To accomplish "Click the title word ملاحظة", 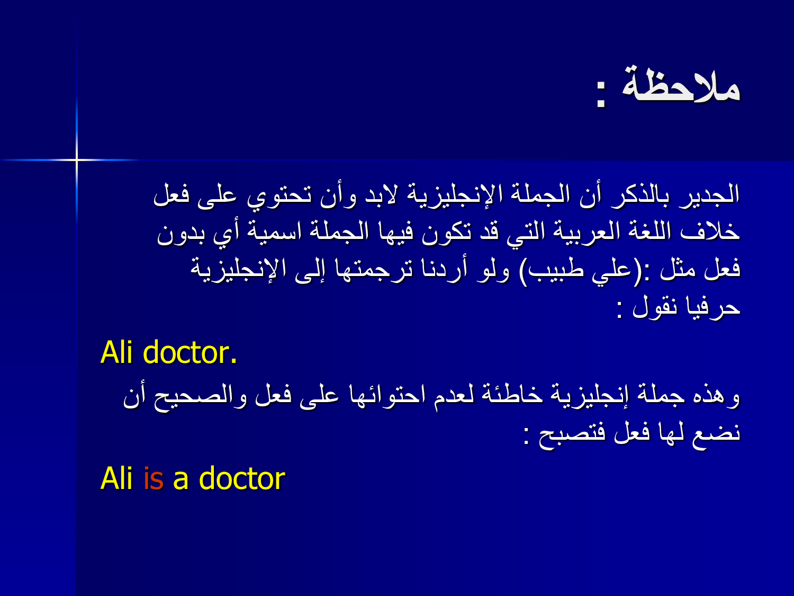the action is [x=681, y=85].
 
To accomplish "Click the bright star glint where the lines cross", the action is [x=77, y=159].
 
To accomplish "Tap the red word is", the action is [x=154, y=478].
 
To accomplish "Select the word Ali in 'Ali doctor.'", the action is [x=116, y=352].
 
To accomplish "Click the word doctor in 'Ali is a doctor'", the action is [x=242, y=478].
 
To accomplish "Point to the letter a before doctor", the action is [x=181, y=481].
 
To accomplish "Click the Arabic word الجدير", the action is [x=709, y=196].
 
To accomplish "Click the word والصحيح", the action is [x=201, y=397].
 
